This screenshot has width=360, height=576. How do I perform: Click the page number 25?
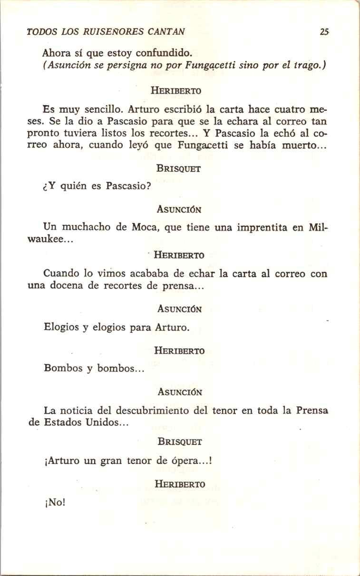tap(324, 32)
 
